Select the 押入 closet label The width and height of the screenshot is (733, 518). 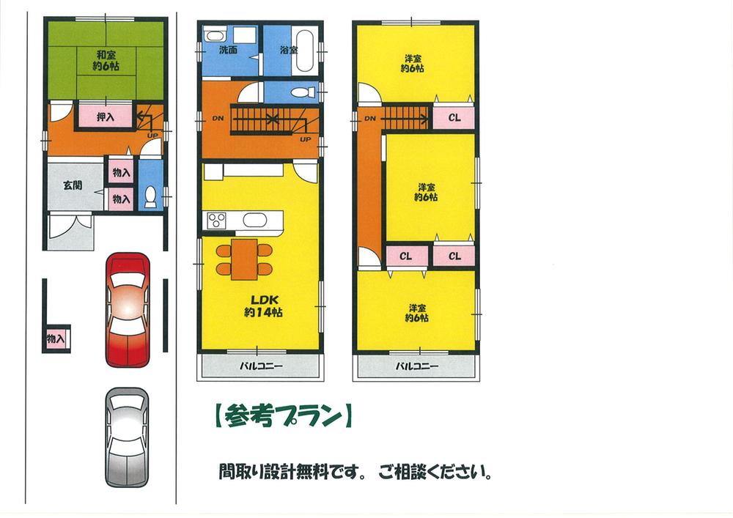pos(106,116)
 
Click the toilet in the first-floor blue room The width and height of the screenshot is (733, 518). pos(150,196)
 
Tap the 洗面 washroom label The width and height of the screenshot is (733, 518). pos(227,51)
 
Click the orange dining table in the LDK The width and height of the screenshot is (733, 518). pos(244,259)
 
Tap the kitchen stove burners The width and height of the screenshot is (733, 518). pos(218,220)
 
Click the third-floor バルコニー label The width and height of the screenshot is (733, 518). pos(416,366)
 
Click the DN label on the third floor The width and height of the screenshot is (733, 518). pos(369,118)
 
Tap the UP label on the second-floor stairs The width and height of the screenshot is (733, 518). pos(304,138)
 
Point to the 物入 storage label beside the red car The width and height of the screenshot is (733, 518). pos(55,339)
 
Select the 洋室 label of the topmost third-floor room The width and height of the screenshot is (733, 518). pos(413,58)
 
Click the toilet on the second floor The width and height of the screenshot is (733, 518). pos(303,92)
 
